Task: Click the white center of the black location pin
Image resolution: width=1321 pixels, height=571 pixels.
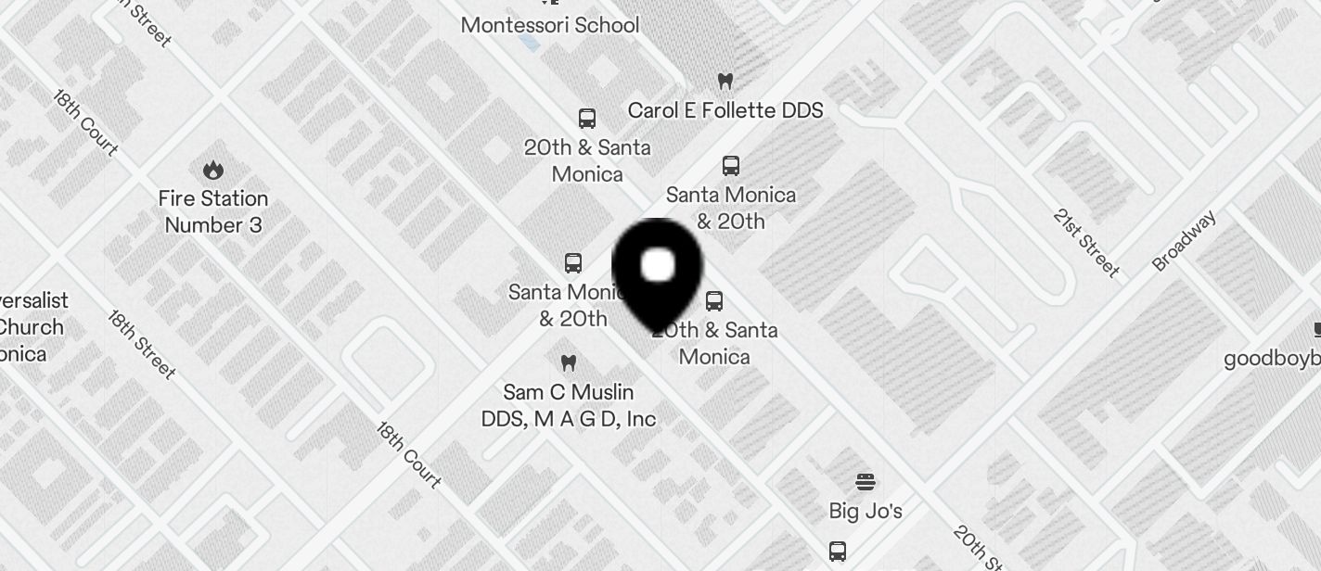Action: [658, 265]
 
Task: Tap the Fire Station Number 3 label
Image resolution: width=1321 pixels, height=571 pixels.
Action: [213, 211]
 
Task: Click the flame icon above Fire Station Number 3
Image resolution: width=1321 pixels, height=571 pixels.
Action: [213, 171]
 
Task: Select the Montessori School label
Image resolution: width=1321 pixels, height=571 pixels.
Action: [550, 25]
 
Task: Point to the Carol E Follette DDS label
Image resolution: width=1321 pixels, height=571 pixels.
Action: [725, 110]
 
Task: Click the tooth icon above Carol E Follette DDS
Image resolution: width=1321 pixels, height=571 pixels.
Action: [725, 82]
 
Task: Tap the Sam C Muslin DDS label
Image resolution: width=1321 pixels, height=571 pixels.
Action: [569, 405]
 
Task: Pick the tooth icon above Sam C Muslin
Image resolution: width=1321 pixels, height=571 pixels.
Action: [569, 362]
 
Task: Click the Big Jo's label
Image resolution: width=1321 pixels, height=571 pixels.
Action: [866, 511]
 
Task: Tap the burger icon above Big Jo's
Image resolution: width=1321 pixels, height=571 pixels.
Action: [866, 482]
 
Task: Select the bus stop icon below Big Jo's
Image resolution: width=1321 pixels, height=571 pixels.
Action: [838, 552]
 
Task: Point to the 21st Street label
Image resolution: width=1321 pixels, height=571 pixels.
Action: [1086, 243]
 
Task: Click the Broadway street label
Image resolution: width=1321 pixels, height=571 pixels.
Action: [1184, 241]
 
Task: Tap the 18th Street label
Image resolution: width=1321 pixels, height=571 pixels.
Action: [141, 344]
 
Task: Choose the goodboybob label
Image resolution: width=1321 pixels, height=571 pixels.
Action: [1272, 359]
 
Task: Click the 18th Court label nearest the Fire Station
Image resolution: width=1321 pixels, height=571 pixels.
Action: [84, 122]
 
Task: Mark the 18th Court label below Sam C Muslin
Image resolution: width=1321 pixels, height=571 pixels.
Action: [408, 455]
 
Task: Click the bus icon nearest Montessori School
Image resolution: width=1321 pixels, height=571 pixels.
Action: [587, 119]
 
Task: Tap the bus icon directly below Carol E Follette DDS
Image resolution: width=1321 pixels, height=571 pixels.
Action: [731, 166]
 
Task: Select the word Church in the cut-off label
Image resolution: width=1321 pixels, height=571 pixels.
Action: [32, 327]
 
